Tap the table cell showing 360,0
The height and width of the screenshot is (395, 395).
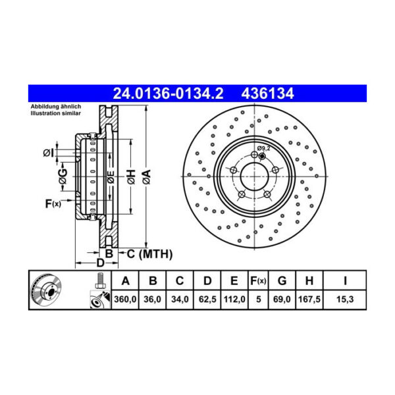(x=125, y=300)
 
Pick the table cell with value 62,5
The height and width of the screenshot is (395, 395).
(x=206, y=300)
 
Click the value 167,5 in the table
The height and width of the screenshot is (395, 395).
(x=308, y=300)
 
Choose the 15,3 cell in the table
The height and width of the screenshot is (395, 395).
(x=344, y=300)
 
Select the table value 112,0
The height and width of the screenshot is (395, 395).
(x=233, y=300)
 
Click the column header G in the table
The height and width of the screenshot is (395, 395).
(x=281, y=281)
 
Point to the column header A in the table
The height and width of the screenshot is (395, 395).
(x=125, y=281)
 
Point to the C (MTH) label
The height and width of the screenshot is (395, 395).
(x=149, y=253)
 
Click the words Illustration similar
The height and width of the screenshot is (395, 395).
(x=55, y=113)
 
